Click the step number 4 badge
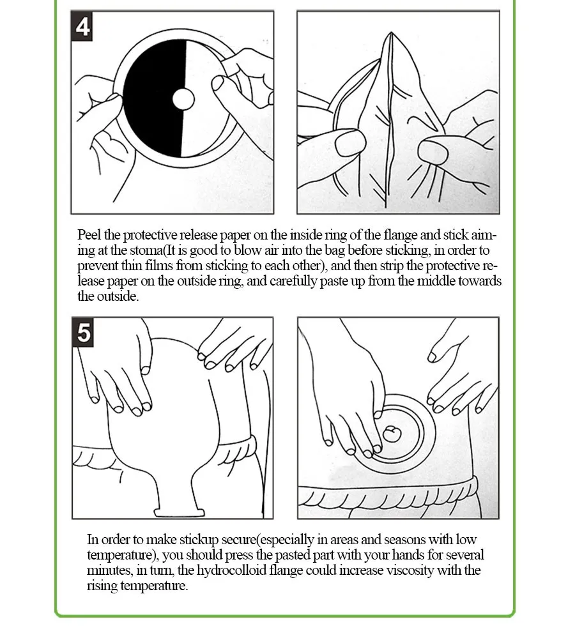click(x=82, y=27)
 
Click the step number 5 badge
click(x=83, y=332)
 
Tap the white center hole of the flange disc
click(x=183, y=99)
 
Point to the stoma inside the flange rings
click(x=391, y=434)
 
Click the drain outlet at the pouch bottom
click(x=179, y=512)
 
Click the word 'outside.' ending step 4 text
click(x=118, y=296)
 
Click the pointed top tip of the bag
click(x=391, y=33)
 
